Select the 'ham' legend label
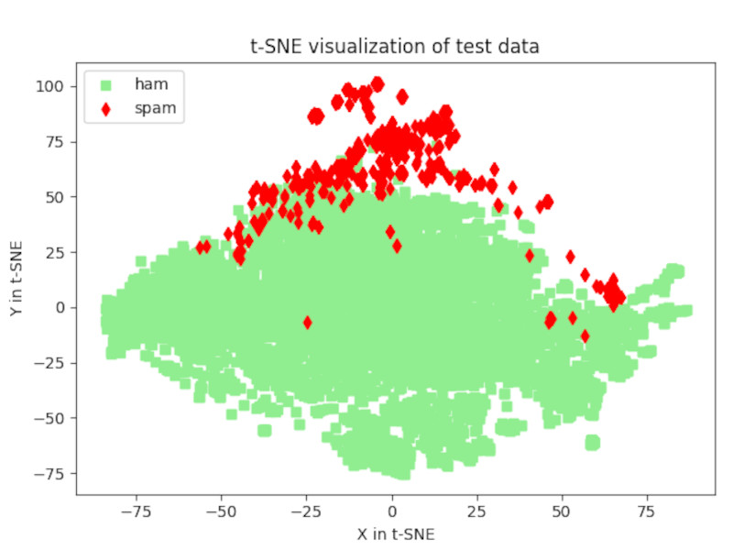click(150, 84)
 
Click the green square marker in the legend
click(106, 85)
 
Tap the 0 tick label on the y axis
click(61, 307)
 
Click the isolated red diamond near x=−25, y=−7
click(307, 323)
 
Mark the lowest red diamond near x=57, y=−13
click(585, 335)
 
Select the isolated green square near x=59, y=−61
click(593, 443)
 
